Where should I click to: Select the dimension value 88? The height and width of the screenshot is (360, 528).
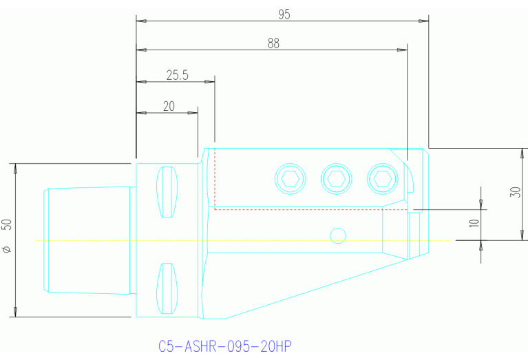[x=273, y=43]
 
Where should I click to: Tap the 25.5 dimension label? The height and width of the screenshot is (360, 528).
[x=177, y=75]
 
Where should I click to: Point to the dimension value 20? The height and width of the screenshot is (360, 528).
[x=169, y=106]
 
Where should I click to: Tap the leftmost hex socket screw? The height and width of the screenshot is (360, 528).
[x=291, y=179]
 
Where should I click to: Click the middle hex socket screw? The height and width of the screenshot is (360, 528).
[x=337, y=179]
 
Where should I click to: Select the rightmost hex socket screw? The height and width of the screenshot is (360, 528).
[x=382, y=179]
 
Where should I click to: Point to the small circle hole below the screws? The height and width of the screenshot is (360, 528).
[x=337, y=235]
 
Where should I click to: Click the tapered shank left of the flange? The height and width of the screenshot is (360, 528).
[x=88, y=240]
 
